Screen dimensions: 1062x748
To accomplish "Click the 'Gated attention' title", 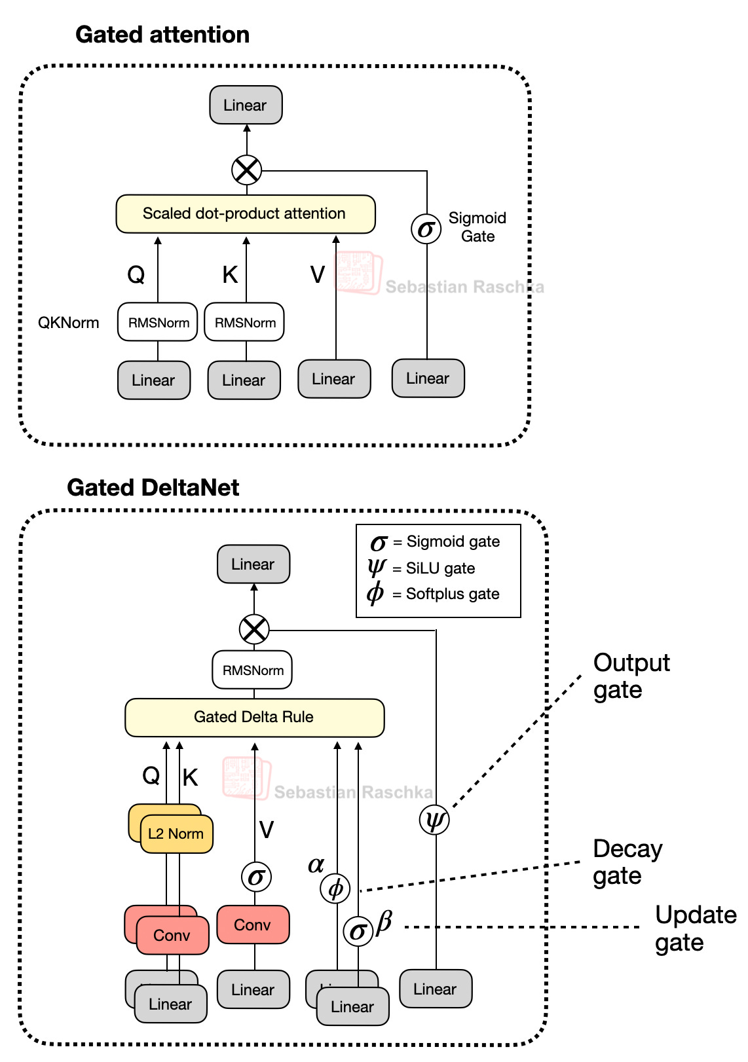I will (x=162, y=35).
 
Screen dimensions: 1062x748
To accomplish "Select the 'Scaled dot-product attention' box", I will (x=245, y=214).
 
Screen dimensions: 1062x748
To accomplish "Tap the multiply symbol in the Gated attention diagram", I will (x=247, y=171).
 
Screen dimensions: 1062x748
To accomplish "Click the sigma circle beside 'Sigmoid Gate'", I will (x=426, y=229).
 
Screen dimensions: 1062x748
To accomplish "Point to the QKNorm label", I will (x=69, y=323).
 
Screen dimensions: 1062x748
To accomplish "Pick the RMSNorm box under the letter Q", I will (x=158, y=322).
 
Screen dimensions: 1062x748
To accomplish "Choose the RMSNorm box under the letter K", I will (x=244, y=322).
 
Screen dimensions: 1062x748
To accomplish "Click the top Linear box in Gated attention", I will (x=246, y=105).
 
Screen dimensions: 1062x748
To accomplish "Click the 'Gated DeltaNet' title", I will (x=153, y=488).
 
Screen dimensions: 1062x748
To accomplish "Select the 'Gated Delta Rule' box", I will (x=254, y=718).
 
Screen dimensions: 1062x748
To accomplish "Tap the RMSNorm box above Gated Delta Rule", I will (x=253, y=670).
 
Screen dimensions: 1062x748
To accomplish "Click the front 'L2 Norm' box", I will (x=176, y=834).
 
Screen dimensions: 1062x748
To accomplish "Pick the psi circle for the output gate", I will (x=434, y=820).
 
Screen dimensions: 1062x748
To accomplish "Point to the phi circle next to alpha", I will (x=335, y=888).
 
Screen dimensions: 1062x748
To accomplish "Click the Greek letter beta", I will (x=384, y=921).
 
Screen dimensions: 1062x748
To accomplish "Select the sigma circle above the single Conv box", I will (x=256, y=877).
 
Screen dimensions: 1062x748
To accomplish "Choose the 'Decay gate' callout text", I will (x=627, y=862).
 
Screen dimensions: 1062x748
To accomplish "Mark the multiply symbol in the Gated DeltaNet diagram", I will (x=254, y=630).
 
